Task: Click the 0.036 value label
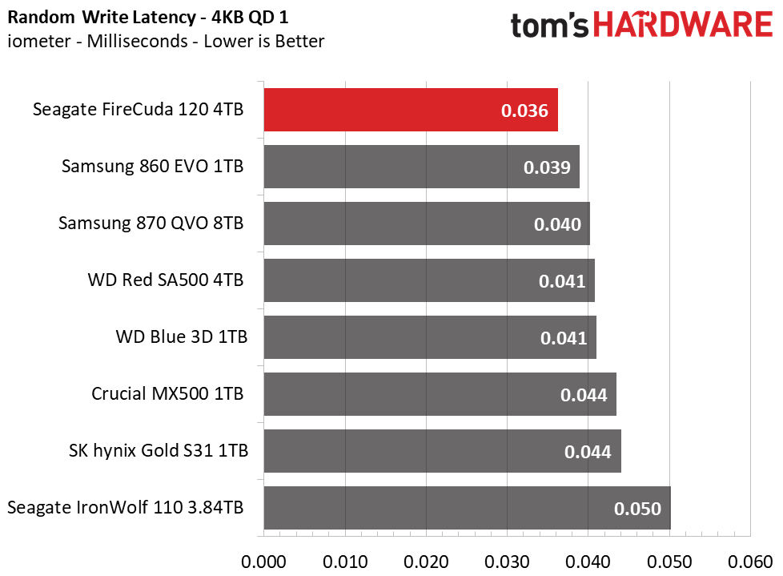[x=525, y=111]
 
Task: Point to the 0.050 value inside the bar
[x=637, y=509]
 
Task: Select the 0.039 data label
[x=547, y=167]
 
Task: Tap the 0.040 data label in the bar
[x=557, y=224]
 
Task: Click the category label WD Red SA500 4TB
[x=166, y=280]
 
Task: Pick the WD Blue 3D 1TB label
[x=182, y=337]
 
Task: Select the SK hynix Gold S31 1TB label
[x=159, y=451]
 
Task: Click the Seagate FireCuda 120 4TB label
[x=139, y=110]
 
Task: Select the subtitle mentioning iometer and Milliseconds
[x=167, y=41]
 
